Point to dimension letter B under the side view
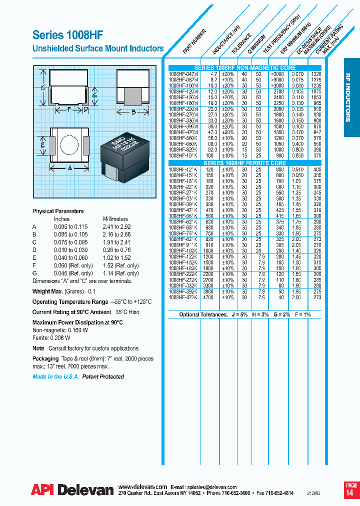pyautogui.click(x=133, y=112)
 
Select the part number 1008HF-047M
pyautogui.click(x=183, y=73)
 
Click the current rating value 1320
pyautogui.click(x=316, y=73)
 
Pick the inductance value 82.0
pyautogui.click(x=213, y=149)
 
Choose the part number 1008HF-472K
pyautogui.click(x=183, y=297)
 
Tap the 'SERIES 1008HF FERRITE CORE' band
pyautogui.click(x=244, y=163)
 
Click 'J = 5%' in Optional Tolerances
pyautogui.click(x=240, y=314)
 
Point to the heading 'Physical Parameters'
pyautogui.click(x=58, y=211)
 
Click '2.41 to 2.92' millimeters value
pyautogui.click(x=117, y=226)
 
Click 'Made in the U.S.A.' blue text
pyautogui.click(x=55, y=376)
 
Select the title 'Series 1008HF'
pyautogui.click(x=68, y=35)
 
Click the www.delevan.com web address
pyautogui.click(x=142, y=486)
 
